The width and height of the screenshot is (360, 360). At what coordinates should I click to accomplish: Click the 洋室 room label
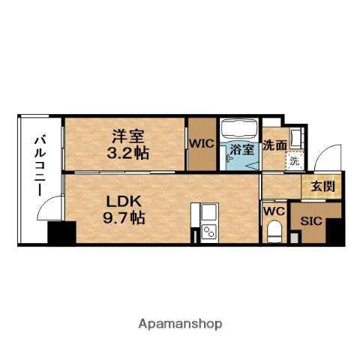coord(127,136)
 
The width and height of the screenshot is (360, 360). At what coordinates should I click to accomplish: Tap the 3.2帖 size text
coord(127,152)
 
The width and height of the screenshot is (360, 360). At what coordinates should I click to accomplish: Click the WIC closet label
coord(200,142)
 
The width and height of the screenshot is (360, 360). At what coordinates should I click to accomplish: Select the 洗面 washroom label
coord(274,145)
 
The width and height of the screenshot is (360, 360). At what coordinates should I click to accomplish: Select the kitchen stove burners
coord(209,226)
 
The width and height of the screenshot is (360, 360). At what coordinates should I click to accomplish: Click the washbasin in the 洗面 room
coord(296,137)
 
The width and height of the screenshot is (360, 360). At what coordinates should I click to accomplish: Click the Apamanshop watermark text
coord(179,324)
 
